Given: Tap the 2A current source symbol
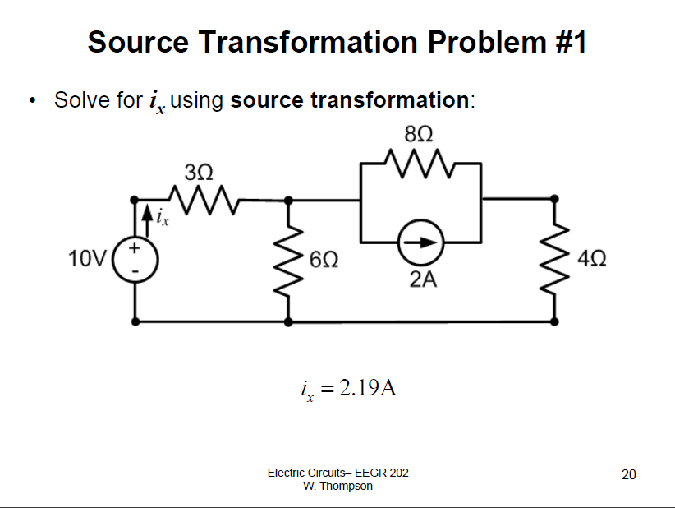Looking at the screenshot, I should [x=420, y=242].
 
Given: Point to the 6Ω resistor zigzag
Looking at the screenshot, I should [x=288, y=260].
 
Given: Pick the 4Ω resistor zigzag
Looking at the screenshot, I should [x=556, y=260].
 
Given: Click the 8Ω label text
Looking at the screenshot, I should [x=420, y=133].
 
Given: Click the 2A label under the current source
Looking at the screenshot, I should [x=423, y=280].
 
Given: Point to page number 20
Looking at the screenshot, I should [x=629, y=474].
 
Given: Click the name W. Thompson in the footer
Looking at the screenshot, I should [x=337, y=486].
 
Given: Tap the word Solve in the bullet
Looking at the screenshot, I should [x=81, y=101].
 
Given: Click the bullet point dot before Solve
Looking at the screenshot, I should [x=31, y=102].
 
